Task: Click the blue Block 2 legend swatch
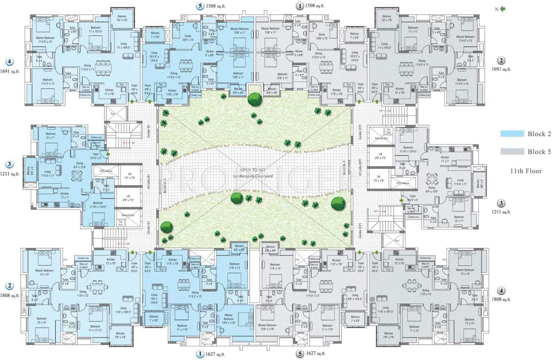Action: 512,134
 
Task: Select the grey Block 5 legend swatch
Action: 512,151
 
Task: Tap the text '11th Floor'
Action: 526,171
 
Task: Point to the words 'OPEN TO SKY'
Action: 255,169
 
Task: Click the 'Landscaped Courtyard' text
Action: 255,176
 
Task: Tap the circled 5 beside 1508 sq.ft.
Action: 201,7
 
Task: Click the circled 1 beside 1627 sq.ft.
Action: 201,354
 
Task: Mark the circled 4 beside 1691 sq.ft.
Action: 8,61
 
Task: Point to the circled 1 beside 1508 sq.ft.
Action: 299,7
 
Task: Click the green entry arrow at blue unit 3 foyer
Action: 108,153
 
